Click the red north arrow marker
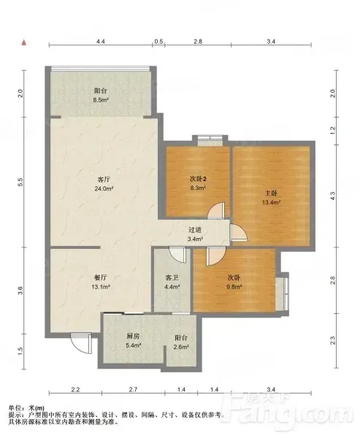(x=24, y=42)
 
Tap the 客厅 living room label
(x=104, y=179)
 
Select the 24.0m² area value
(x=104, y=188)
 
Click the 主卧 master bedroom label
(x=271, y=193)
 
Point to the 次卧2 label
(x=198, y=179)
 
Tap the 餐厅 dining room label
(x=100, y=277)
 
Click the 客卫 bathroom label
(x=172, y=277)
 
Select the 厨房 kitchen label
(x=133, y=336)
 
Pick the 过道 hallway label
(x=195, y=230)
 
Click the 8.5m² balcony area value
(x=101, y=100)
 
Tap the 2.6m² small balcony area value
(x=181, y=347)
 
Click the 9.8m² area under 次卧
(x=234, y=287)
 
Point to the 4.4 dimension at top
(x=101, y=42)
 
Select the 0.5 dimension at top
(x=158, y=42)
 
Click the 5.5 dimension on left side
(x=20, y=182)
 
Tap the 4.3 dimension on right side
(x=332, y=196)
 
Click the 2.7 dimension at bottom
(x=133, y=389)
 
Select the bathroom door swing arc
(x=177, y=255)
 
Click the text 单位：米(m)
(x=26, y=408)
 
